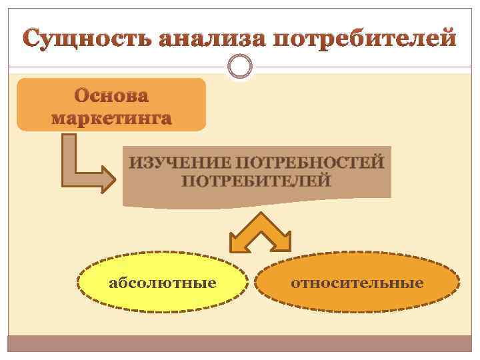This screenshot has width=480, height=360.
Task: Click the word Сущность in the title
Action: coord(89,39)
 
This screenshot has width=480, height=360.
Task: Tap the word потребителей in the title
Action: coord(366,39)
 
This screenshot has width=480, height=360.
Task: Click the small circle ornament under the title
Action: coord(239,67)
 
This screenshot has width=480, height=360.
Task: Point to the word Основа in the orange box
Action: coord(111,97)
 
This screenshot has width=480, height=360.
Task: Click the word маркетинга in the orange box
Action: coord(111,119)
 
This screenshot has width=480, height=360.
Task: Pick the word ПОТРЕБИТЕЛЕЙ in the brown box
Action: coord(257,181)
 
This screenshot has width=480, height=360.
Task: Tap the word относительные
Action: coord(357,283)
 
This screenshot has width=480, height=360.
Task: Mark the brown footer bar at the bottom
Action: coord(240,343)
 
